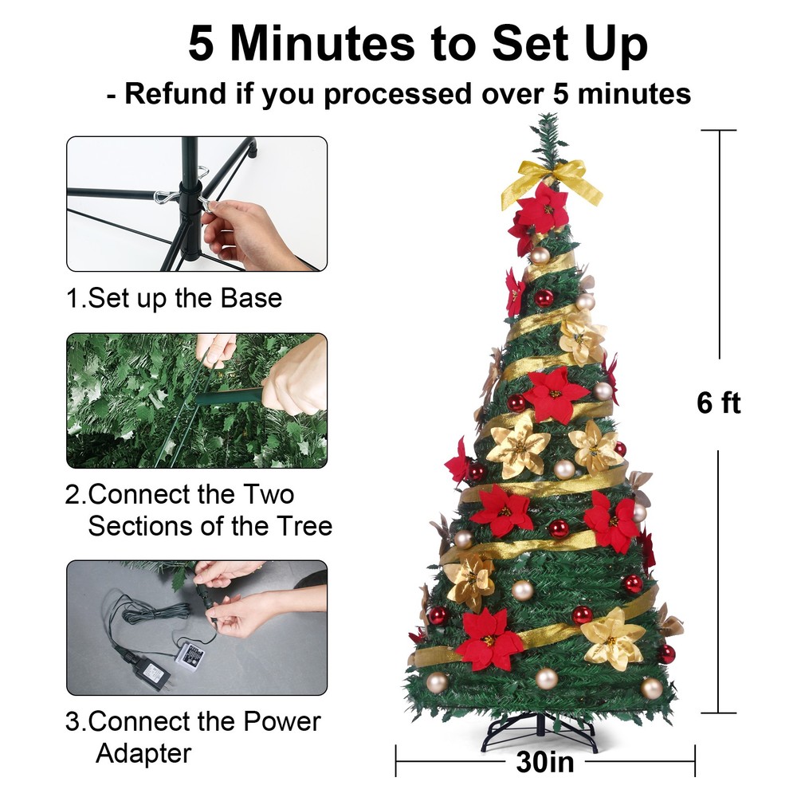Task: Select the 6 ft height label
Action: (718, 403)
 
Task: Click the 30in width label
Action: (544, 762)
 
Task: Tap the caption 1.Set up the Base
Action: (174, 298)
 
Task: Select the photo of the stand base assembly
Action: (196, 203)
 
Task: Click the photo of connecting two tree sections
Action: (196, 400)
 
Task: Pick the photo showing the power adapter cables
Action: (196, 627)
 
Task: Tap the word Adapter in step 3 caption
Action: (143, 752)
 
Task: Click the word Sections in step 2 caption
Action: (147, 526)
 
